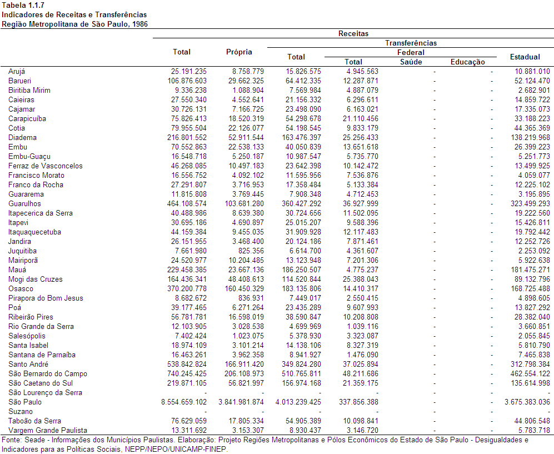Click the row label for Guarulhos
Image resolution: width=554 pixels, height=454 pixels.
[x=24, y=204]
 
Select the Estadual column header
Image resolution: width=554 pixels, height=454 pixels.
[x=525, y=57]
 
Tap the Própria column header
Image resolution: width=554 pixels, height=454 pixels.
[x=239, y=52]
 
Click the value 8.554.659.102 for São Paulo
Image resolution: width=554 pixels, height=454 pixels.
[x=184, y=402]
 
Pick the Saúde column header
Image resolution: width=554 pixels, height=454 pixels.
[x=411, y=62]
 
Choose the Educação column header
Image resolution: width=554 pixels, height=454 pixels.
[x=467, y=62]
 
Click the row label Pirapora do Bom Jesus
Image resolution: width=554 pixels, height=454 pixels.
[x=46, y=298]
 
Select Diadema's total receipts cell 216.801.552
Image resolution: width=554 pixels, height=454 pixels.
[x=187, y=137]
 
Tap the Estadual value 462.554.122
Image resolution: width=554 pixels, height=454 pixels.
[x=530, y=374]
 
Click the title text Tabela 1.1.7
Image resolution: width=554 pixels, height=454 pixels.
[x=23, y=6]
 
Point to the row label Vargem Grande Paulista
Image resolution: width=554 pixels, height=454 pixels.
[x=48, y=430]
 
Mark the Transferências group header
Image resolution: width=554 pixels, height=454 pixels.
[x=411, y=43]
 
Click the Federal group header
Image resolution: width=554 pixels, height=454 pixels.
[x=411, y=53]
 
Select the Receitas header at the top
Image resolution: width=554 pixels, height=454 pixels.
[x=353, y=33]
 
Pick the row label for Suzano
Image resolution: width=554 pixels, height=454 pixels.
[x=21, y=412]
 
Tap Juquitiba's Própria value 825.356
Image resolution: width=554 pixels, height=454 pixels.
[x=251, y=251]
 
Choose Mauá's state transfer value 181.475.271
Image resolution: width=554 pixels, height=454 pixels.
[x=530, y=270]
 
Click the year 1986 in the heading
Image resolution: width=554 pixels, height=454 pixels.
[x=140, y=24]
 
